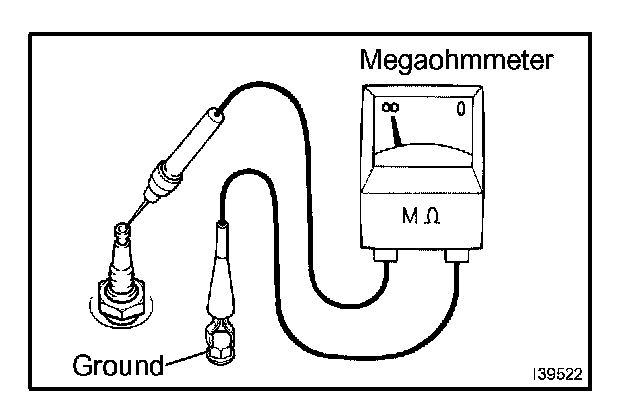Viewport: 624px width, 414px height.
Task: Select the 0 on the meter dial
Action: click(x=460, y=107)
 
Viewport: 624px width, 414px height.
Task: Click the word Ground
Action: click(x=118, y=364)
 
